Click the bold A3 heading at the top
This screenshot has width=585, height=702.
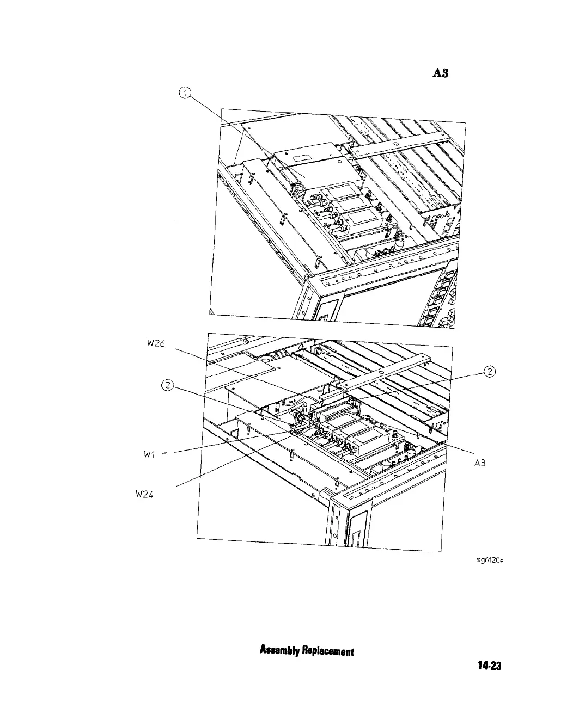[440, 73]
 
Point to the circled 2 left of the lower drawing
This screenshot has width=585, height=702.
[168, 386]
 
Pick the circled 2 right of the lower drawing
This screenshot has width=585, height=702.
[490, 372]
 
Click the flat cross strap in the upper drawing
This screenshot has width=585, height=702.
[403, 140]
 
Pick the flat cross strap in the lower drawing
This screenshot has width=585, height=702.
[381, 372]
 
